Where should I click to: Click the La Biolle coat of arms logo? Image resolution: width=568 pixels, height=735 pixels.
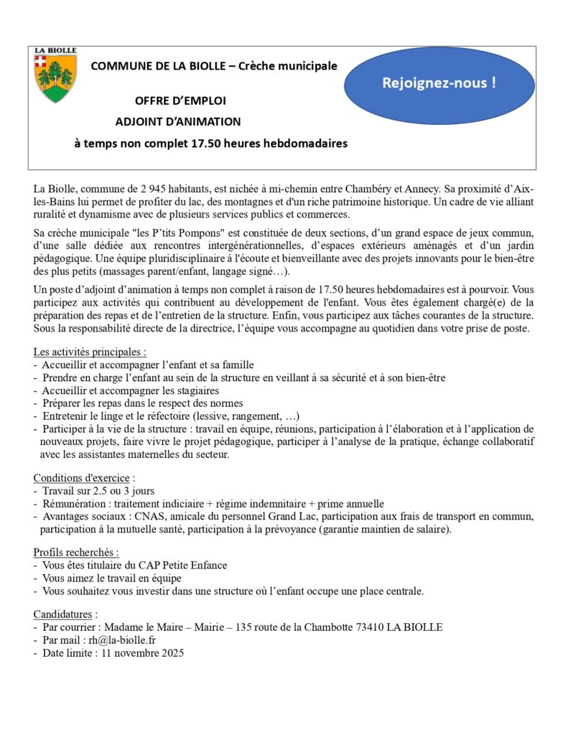[55, 75]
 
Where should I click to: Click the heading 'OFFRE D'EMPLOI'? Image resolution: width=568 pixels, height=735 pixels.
[180, 100]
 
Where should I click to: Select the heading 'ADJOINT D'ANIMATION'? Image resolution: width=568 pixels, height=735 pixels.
[178, 121]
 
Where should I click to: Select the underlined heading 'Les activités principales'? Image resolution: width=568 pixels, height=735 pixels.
[90, 352]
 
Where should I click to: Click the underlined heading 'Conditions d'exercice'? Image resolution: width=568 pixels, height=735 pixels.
[82, 477]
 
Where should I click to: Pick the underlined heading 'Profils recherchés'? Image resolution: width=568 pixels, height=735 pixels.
[75, 552]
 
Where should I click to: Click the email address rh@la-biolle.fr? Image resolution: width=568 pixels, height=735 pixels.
[124, 640]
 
